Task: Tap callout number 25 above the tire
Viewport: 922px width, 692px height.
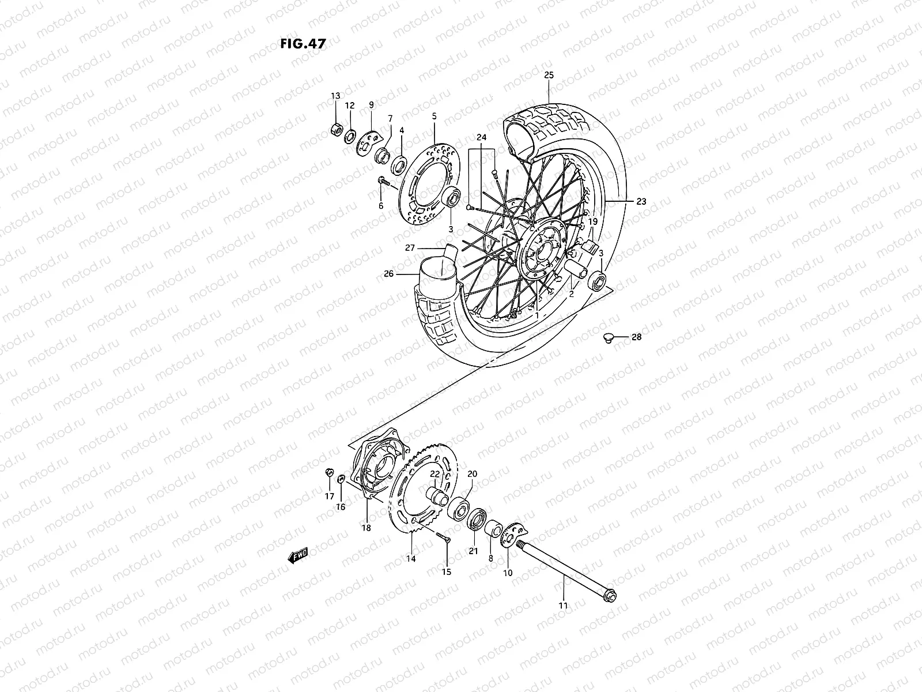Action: (549, 76)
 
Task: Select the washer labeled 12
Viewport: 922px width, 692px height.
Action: (350, 138)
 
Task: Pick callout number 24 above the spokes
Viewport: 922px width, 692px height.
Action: (482, 137)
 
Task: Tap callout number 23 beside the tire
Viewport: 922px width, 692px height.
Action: (641, 202)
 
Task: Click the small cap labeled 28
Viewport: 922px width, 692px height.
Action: (606, 339)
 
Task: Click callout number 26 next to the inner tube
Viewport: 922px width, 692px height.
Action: (389, 273)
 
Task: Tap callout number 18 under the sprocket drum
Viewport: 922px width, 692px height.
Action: (366, 528)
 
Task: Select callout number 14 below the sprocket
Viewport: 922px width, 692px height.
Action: (411, 558)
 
